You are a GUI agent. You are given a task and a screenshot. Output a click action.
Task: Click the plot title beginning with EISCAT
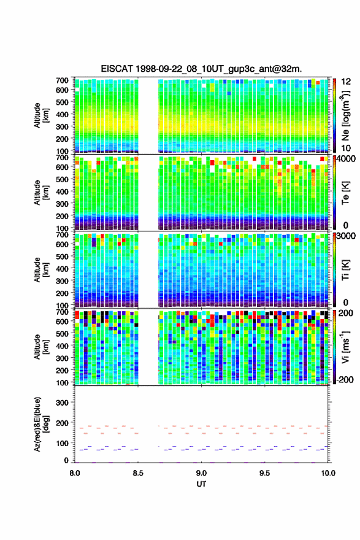click(201, 69)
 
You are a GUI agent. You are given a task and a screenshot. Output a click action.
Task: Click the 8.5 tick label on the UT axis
click(138, 473)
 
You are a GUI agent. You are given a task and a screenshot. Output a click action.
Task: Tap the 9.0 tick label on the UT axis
click(201, 473)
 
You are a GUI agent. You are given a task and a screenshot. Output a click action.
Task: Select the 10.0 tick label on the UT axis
click(328, 473)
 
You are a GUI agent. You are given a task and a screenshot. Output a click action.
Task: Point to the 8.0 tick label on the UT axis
click(75, 473)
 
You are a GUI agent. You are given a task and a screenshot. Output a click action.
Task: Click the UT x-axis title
click(201, 484)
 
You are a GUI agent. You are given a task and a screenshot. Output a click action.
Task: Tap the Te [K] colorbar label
click(345, 193)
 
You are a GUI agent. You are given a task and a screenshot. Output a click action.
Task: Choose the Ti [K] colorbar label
click(345, 269)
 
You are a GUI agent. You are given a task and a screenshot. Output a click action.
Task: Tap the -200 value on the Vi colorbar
click(343, 380)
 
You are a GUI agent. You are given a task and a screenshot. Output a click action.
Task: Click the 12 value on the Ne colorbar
click(345, 82)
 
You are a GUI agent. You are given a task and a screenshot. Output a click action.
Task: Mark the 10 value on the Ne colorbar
click(345, 148)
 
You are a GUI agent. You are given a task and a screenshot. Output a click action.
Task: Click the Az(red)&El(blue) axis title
click(41, 424)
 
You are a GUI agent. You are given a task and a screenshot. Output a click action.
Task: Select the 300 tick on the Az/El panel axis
click(63, 403)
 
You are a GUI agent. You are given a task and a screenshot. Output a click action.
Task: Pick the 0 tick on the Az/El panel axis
click(66, 460)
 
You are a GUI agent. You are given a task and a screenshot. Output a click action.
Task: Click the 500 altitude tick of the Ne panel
click(63, 102)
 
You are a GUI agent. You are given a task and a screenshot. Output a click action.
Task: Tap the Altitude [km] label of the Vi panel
click(41, 347)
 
